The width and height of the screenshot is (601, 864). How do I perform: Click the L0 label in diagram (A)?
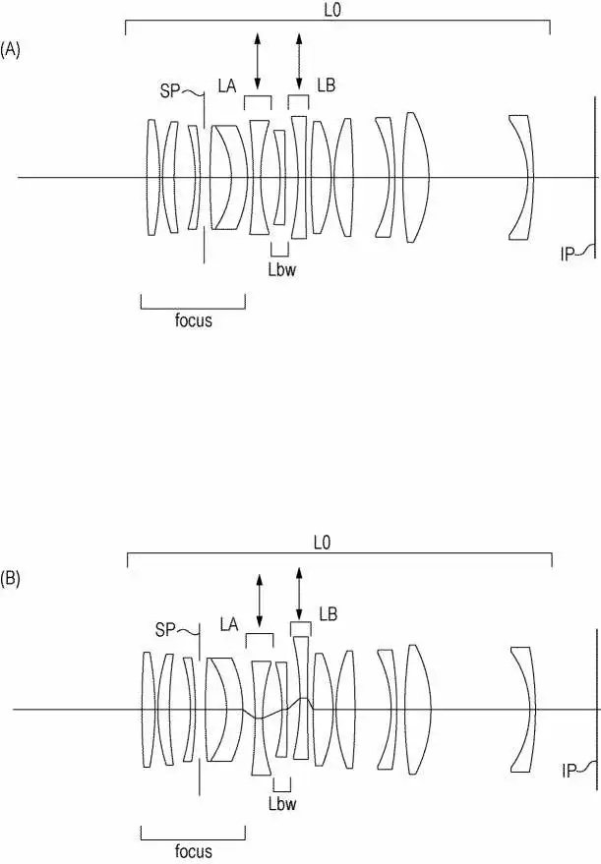click(332, 11)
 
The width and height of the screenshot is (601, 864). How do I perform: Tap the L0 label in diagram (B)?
click(322, 543)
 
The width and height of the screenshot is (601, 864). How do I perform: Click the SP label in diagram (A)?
click(170, 90)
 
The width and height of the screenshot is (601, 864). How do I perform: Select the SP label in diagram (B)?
click(165, 629)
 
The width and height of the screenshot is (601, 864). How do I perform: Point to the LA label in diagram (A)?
click(227, 86)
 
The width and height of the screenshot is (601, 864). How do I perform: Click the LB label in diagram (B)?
click(329, 613)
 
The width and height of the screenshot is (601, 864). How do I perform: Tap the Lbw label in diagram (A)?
click(281, 269)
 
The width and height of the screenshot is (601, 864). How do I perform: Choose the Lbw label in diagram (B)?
click(282, 804)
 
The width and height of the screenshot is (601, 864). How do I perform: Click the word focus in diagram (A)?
click(193, 320)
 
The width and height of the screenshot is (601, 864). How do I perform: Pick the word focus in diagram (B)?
click(193, 851)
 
